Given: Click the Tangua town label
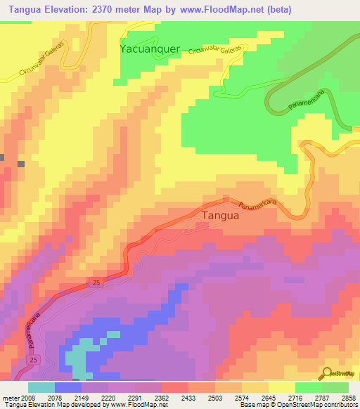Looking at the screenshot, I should tap(220, 216).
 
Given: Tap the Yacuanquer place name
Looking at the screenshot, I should tap(150, 49).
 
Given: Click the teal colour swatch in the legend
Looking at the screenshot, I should tap(41, 387).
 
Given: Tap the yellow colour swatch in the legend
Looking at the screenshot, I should tap(281, 387).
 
